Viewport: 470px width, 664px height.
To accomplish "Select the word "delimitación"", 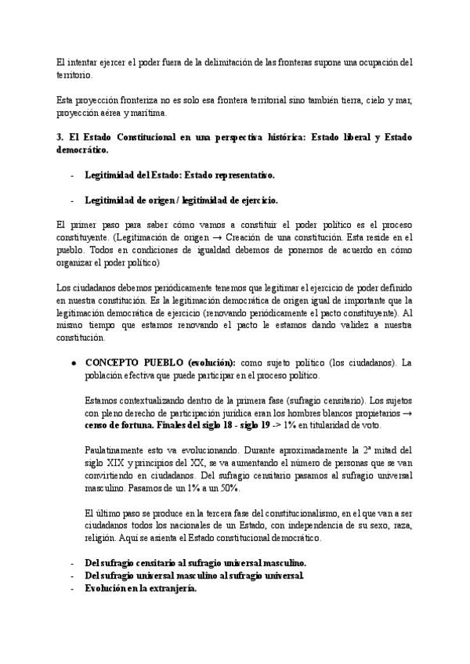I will pyautogui.click(x=222, y=62).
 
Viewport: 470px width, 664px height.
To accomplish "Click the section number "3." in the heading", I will pyautogui.click(x=61, y=138).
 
